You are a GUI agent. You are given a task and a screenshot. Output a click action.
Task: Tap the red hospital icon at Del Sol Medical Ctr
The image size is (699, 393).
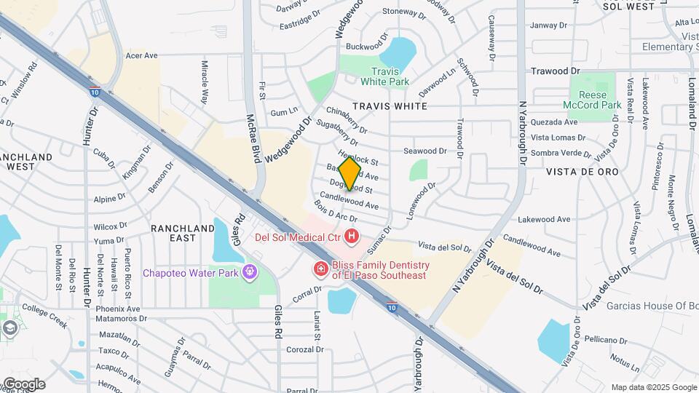pyautogui.click(x=352, y=236)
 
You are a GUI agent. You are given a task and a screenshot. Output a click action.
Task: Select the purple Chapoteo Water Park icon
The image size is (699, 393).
pyautogui.click(x=250, y=273)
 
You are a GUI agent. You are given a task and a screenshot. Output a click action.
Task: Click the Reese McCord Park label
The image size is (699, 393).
pyautogui.click(x=595, y=100)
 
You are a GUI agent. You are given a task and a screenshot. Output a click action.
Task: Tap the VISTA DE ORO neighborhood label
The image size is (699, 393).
pyautogui.click(x=586, y=172)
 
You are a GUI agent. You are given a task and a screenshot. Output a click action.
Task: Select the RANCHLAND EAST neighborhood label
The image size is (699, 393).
pyautogui.click(x=183, y=233)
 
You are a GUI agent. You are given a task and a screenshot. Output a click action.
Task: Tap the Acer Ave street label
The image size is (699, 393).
pyautogui.click(x=141, y=55)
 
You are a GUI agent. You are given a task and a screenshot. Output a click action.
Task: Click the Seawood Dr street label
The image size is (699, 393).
pyautogui.click(x=424, y=151)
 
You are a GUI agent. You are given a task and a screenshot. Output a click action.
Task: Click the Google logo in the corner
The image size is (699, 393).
pyautogui.click(x=24, y=384)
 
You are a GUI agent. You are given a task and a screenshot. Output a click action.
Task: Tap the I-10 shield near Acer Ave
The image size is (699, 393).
pyautogui.click(x=96, y=92)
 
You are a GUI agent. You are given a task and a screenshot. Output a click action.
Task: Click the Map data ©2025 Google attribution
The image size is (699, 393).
pyautogui.click(x=654, y=387)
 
